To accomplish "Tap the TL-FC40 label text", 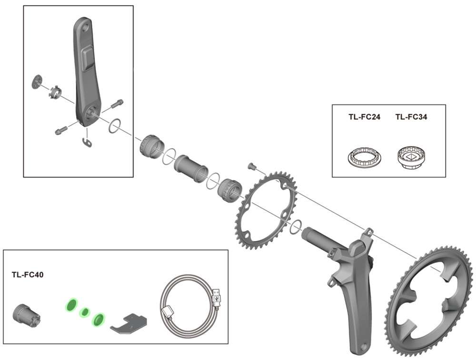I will pyautogui.click(x=28, y=275).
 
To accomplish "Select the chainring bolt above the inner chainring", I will pyautogui.click(x=252, y=166).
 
